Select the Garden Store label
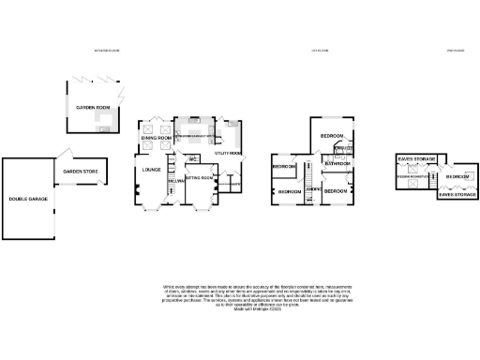pos(80,172)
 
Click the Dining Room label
pos(157,139)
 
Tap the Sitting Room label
pos(198,177)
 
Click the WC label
pos(190,157)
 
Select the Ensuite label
pos(344,147)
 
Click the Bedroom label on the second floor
pos(457,176)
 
